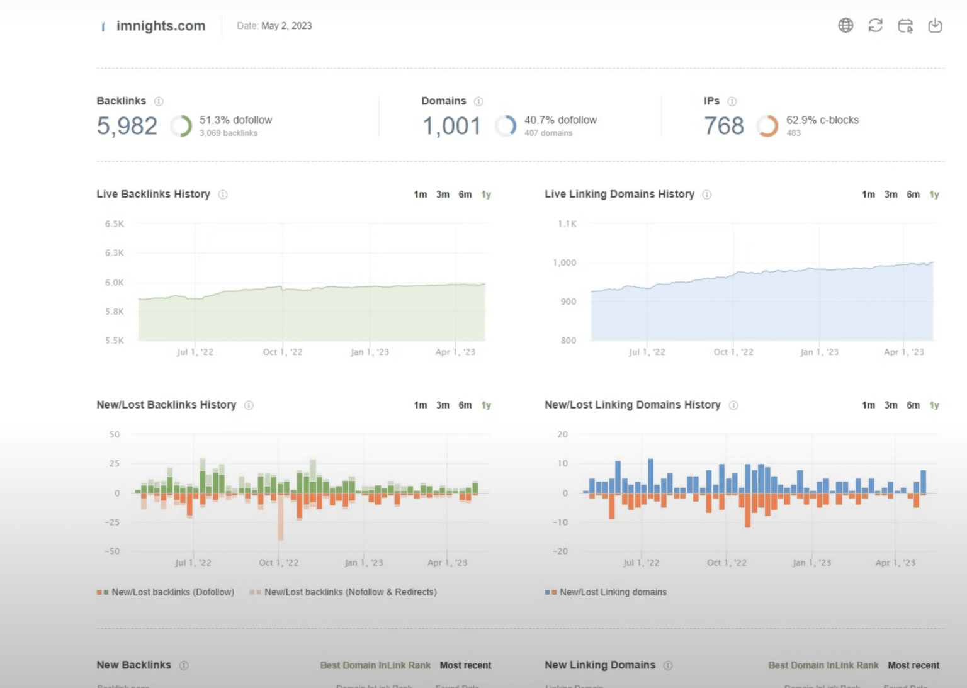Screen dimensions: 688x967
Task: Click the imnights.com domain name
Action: coord(161,26)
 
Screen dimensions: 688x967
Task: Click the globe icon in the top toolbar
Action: coord(845,25)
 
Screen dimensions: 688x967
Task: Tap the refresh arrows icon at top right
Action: coord(875,25)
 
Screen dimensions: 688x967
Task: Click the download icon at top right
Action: coord(935,25)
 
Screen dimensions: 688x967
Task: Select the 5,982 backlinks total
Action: coord(127,126)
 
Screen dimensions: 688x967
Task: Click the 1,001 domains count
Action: coord(452,126)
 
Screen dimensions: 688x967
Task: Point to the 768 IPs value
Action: coord(724,126)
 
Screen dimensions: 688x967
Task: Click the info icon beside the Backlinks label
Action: coord(159,101)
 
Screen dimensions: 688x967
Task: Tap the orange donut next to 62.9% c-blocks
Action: coord(767,126)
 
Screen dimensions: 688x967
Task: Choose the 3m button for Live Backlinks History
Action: coord(443,195)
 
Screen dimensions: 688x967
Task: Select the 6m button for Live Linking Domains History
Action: coord(913,195)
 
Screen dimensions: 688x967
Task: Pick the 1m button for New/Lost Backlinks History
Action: coord(420,405)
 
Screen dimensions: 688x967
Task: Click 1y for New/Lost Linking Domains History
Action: coord(934,405)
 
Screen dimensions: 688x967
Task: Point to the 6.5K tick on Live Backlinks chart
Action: coord(115,224)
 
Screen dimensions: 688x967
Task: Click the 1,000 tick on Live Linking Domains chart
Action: coord(564,263)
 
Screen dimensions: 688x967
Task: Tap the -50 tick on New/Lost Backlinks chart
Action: coord(112,551)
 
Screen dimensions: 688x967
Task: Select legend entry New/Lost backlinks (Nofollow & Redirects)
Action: coord(350,592)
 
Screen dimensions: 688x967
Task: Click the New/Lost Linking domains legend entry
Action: coord(613,592)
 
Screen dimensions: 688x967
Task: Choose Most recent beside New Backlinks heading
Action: coord(465,665)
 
